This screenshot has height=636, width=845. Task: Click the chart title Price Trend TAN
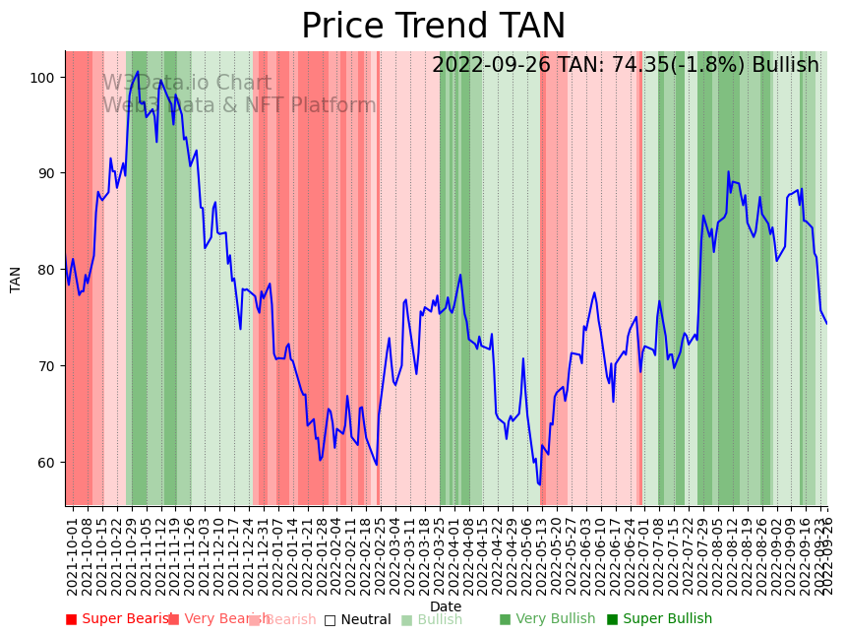tap(433, 27)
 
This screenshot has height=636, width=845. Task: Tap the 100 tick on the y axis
tap(45, 78)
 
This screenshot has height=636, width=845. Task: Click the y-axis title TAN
tap(16, 279)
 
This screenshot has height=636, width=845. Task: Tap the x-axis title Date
tap(446, 607)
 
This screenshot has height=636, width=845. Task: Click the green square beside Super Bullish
tap(613, 619)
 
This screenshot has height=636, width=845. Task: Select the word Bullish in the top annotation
tap(785, 66)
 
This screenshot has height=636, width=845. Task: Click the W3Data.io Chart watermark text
tap(187, 84)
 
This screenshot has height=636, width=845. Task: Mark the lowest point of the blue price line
tap(539, 484)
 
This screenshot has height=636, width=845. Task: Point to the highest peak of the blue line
tap(138, 71)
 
